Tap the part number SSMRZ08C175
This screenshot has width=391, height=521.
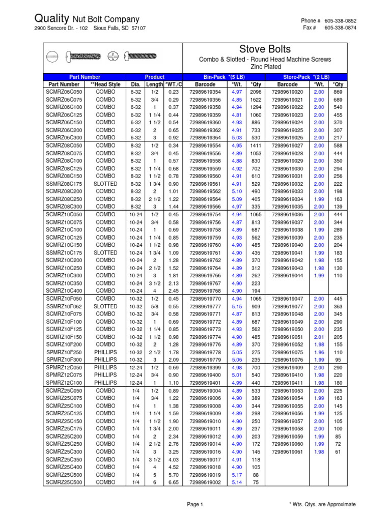tap(64, 184)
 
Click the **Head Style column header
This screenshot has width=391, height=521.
tap(105, 84)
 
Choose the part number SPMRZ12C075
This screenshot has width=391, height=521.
tap(64, 375)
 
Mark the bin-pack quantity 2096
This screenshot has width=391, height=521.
tap(255, 92)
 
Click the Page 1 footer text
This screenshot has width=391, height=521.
tap(195, 505)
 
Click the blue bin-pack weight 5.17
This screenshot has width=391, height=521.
tap(237, 475)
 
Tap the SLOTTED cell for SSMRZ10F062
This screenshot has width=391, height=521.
tap(105, 306)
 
